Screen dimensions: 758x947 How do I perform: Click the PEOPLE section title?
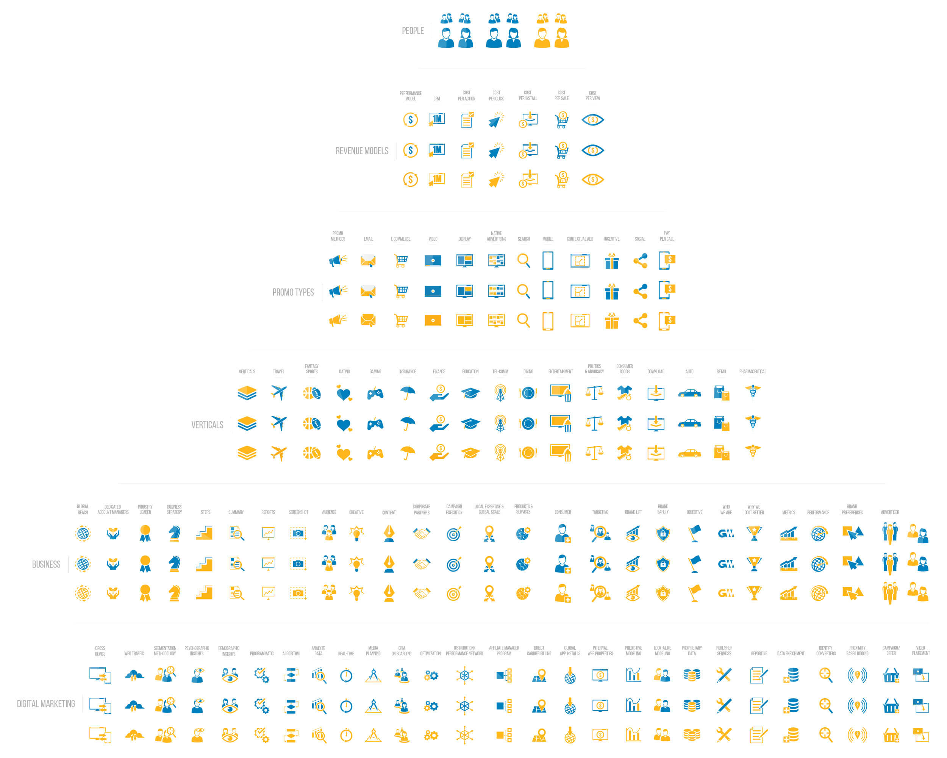point(413,31)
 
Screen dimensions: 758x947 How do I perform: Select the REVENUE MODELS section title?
point(362,151)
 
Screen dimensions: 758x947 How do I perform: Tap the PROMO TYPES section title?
point(293,292)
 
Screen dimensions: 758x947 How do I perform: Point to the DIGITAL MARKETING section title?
point(46,703)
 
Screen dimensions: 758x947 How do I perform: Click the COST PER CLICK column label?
point(496,96)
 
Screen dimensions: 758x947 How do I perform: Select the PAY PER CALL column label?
point(666,236)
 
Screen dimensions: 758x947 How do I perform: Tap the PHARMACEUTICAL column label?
point(752,371)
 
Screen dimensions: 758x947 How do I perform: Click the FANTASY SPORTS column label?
point(311,369)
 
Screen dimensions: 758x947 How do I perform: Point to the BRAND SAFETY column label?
point(663,509)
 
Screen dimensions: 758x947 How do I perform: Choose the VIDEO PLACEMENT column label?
point(920,650)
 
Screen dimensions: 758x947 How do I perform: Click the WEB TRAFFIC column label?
point(134,653)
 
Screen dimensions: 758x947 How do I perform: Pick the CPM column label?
point(437,99)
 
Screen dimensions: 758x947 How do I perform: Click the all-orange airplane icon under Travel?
point(279,453)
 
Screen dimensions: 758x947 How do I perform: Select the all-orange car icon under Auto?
point(689,453)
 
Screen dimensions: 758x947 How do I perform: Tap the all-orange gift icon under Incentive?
point(611,321)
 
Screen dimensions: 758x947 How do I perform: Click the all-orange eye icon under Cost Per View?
point(592,180)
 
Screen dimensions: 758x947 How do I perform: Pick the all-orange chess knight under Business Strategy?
point(174,593)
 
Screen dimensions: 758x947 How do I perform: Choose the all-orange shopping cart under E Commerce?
point(401,321)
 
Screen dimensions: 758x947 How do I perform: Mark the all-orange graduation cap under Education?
point(470,453)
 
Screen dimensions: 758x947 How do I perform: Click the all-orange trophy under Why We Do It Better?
point(754,593)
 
